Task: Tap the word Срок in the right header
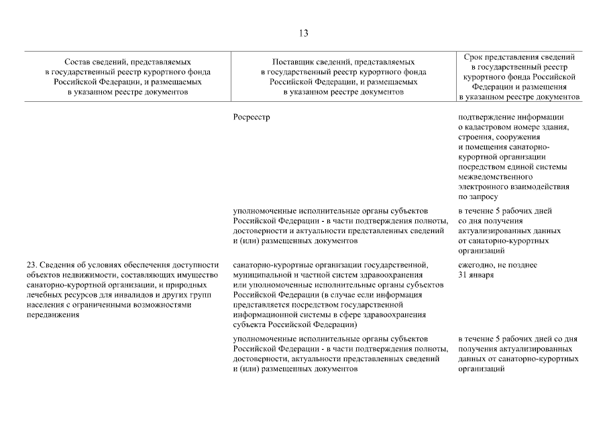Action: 473,57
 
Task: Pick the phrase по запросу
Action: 478,197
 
